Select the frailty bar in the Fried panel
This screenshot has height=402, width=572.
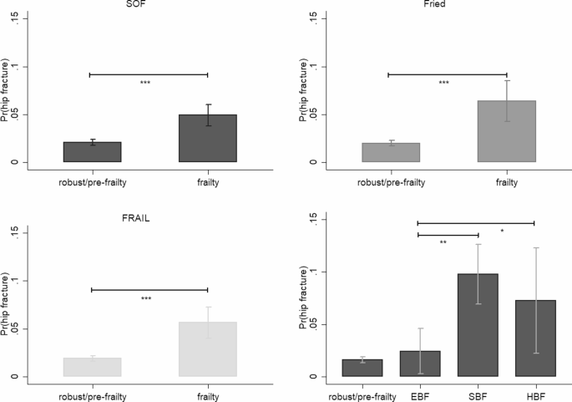click(506, 131)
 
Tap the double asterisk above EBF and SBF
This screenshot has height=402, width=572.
click(443, 242)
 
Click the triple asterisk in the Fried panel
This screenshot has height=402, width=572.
click(443, 83)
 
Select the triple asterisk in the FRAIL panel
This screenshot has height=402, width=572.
click(145, 298)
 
